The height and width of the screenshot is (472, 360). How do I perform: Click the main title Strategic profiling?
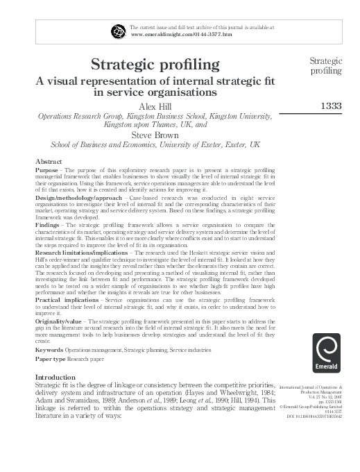tap(155, 66)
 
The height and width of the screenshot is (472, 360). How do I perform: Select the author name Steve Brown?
tap(155, 135)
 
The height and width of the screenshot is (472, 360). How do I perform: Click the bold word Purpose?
tap(47, 170)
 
